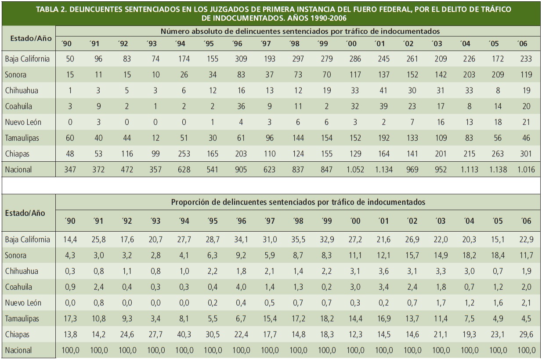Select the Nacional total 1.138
pyautogui.click(x=498, y=170)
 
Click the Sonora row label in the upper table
pyautogui.click(x=16, y=75)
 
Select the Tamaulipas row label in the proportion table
pyautogui.click(x=22, y=319)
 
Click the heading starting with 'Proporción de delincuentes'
pyautogui.click(x=298, y=202)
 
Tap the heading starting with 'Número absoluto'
pyautogui.click(x=300, y=31)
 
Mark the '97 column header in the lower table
pyautogui.click(x=270, y=221)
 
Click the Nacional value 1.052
pyautogui.click(x=355, y=170)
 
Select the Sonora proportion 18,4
pyautogui.click(x=498, y=255)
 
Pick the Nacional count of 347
pyautogui.click(x=70, y=170)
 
